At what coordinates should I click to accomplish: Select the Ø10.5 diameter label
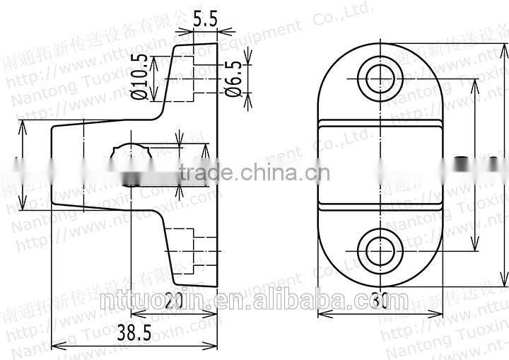point(140,76)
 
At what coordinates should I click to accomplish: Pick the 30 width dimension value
point(380,301)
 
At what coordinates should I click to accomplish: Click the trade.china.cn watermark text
point(255,171)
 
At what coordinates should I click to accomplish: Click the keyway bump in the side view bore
point(131,149)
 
